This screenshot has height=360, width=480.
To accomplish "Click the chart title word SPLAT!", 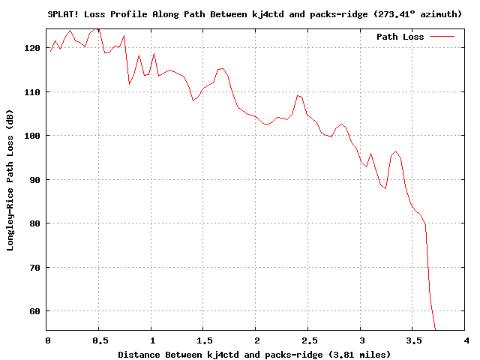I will click(x=62, y=13).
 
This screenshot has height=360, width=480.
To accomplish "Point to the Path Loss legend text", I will click(x=400, y=37).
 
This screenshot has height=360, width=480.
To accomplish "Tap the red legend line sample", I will click(x=442, y=37).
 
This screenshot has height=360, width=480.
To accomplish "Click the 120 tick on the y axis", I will click(x=33, y=48).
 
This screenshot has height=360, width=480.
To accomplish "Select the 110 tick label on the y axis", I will click(x=33, y=91).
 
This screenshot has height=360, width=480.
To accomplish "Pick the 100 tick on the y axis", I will click(x=33, y=136).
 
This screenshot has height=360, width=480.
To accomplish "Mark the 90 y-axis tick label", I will click(x=35, y=180).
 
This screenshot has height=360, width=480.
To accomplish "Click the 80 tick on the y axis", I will click(x=35, y=223).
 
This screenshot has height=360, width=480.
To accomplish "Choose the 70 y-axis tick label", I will click(x=35, y=268).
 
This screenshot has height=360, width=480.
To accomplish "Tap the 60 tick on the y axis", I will click(x=35, y=311).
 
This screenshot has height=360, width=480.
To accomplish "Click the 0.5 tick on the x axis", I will click(x=99, y=340).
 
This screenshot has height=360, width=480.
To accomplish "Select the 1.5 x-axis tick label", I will click(x=204, y=340).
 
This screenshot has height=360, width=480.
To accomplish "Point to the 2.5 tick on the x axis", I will click(x=308, y=340).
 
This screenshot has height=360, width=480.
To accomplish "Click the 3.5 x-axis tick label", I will click(x=413, y=340).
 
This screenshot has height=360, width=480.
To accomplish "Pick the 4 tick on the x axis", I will click(x=466, y=340).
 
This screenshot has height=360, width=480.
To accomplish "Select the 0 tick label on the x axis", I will click(x=46, y=340).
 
